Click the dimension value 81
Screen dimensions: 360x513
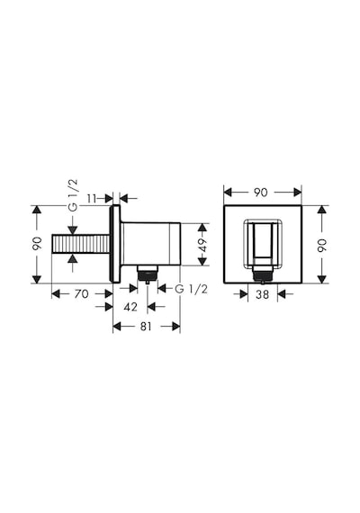146,326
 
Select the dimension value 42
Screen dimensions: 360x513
130,307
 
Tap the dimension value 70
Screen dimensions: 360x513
81,293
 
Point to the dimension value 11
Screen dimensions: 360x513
93,198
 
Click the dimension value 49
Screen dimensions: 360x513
202,245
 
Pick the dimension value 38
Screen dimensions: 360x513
263,294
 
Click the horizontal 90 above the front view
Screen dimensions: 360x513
260,193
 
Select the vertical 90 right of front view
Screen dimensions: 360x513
322,245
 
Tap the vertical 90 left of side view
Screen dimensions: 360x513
37,243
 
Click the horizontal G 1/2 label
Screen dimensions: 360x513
191,289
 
